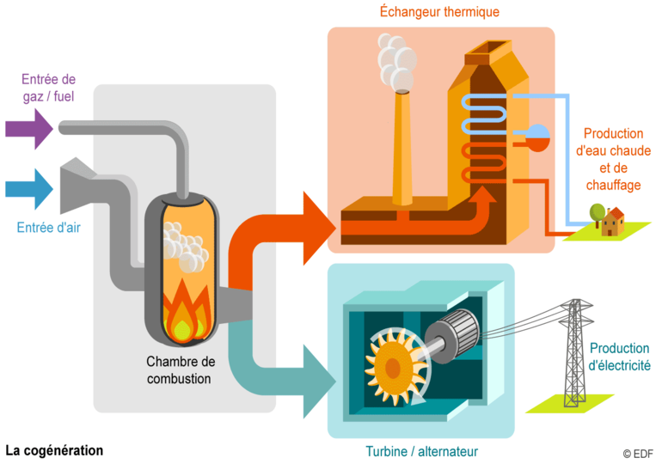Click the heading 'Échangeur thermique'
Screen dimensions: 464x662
[x=439, y=12]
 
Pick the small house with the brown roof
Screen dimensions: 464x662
[x=613, y=222]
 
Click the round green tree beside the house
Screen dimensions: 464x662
[x=596, y=211]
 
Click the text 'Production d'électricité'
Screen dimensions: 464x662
[x=619, y=357]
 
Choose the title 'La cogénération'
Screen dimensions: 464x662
[x=54, y=450]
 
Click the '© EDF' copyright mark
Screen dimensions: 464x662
[x=637, y=454]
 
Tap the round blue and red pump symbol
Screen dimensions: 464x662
[x=536, y=137]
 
